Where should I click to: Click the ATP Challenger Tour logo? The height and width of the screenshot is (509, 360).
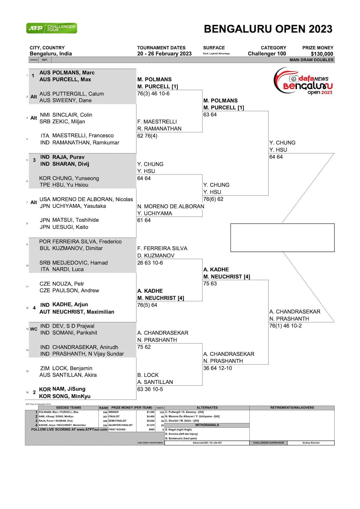pyautogui.click(x=51, y=28)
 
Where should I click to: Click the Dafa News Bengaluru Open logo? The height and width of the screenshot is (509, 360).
pyautogui.click(x=303, y=81)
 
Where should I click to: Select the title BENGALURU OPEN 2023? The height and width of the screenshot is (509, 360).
pyautogui.click(x=268, y=29)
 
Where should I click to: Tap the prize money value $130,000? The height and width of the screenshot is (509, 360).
pyautogui.click(x=322, y=54)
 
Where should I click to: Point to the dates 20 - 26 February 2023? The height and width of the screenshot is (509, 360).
pyautogui.click(x=164, y=54)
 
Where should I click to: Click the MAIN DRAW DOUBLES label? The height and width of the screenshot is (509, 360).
pyautogui.click(x=311, y=60)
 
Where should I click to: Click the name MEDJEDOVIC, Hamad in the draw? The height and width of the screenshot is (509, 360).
pyautogui.click(x=80, y=263)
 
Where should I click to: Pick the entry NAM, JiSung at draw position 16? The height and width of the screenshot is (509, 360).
pyautogui.click(x=69, y=389)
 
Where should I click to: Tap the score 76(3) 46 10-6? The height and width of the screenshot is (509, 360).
pyautogui.click(x=153, y=94)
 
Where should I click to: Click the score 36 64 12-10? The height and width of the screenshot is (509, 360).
pyautogui.click(x=217, y=368)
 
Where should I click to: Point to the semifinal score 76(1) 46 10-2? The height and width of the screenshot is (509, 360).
pyautogui.click(x=285, y=326)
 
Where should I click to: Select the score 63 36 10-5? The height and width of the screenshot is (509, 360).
pyautogui.click(x=150, y=389)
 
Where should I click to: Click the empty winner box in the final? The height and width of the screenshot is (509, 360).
pyautogui.click(x=282, y=238)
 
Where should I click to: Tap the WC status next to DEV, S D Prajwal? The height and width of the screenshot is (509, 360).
pyautogui.click(x=34, y=329)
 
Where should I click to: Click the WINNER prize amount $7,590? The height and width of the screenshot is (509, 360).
pyautogui.click(x=151, y=412)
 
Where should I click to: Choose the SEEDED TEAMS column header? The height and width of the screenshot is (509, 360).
pyautogui.click(x=68, y=408)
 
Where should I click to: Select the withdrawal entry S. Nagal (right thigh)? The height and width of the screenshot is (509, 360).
pyautogui.click(x=178, y=429)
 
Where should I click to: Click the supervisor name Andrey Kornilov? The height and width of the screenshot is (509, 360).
pyautogui.click(x=311, y=443)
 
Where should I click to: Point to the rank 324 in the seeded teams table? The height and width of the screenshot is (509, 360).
pyautogui.click(x=105, y=425)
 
